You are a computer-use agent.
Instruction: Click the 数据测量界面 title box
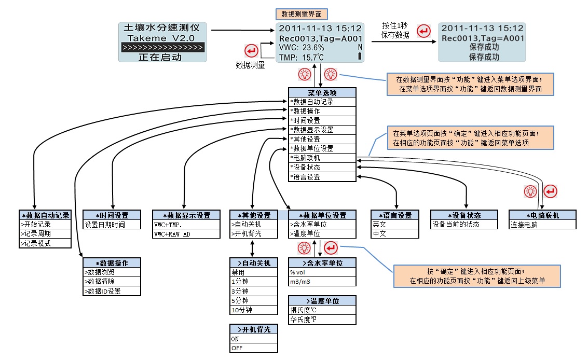click(x=301, y=13)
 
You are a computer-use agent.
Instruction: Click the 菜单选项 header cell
click(x=323, y=93)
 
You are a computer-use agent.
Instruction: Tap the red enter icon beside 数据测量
click(x=251, y=51)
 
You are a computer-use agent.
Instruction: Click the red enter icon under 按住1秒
click(x=424, y=31)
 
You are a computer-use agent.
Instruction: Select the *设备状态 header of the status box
click(x=464, y=215)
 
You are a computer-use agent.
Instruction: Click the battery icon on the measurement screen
click(x=360, y=57)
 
